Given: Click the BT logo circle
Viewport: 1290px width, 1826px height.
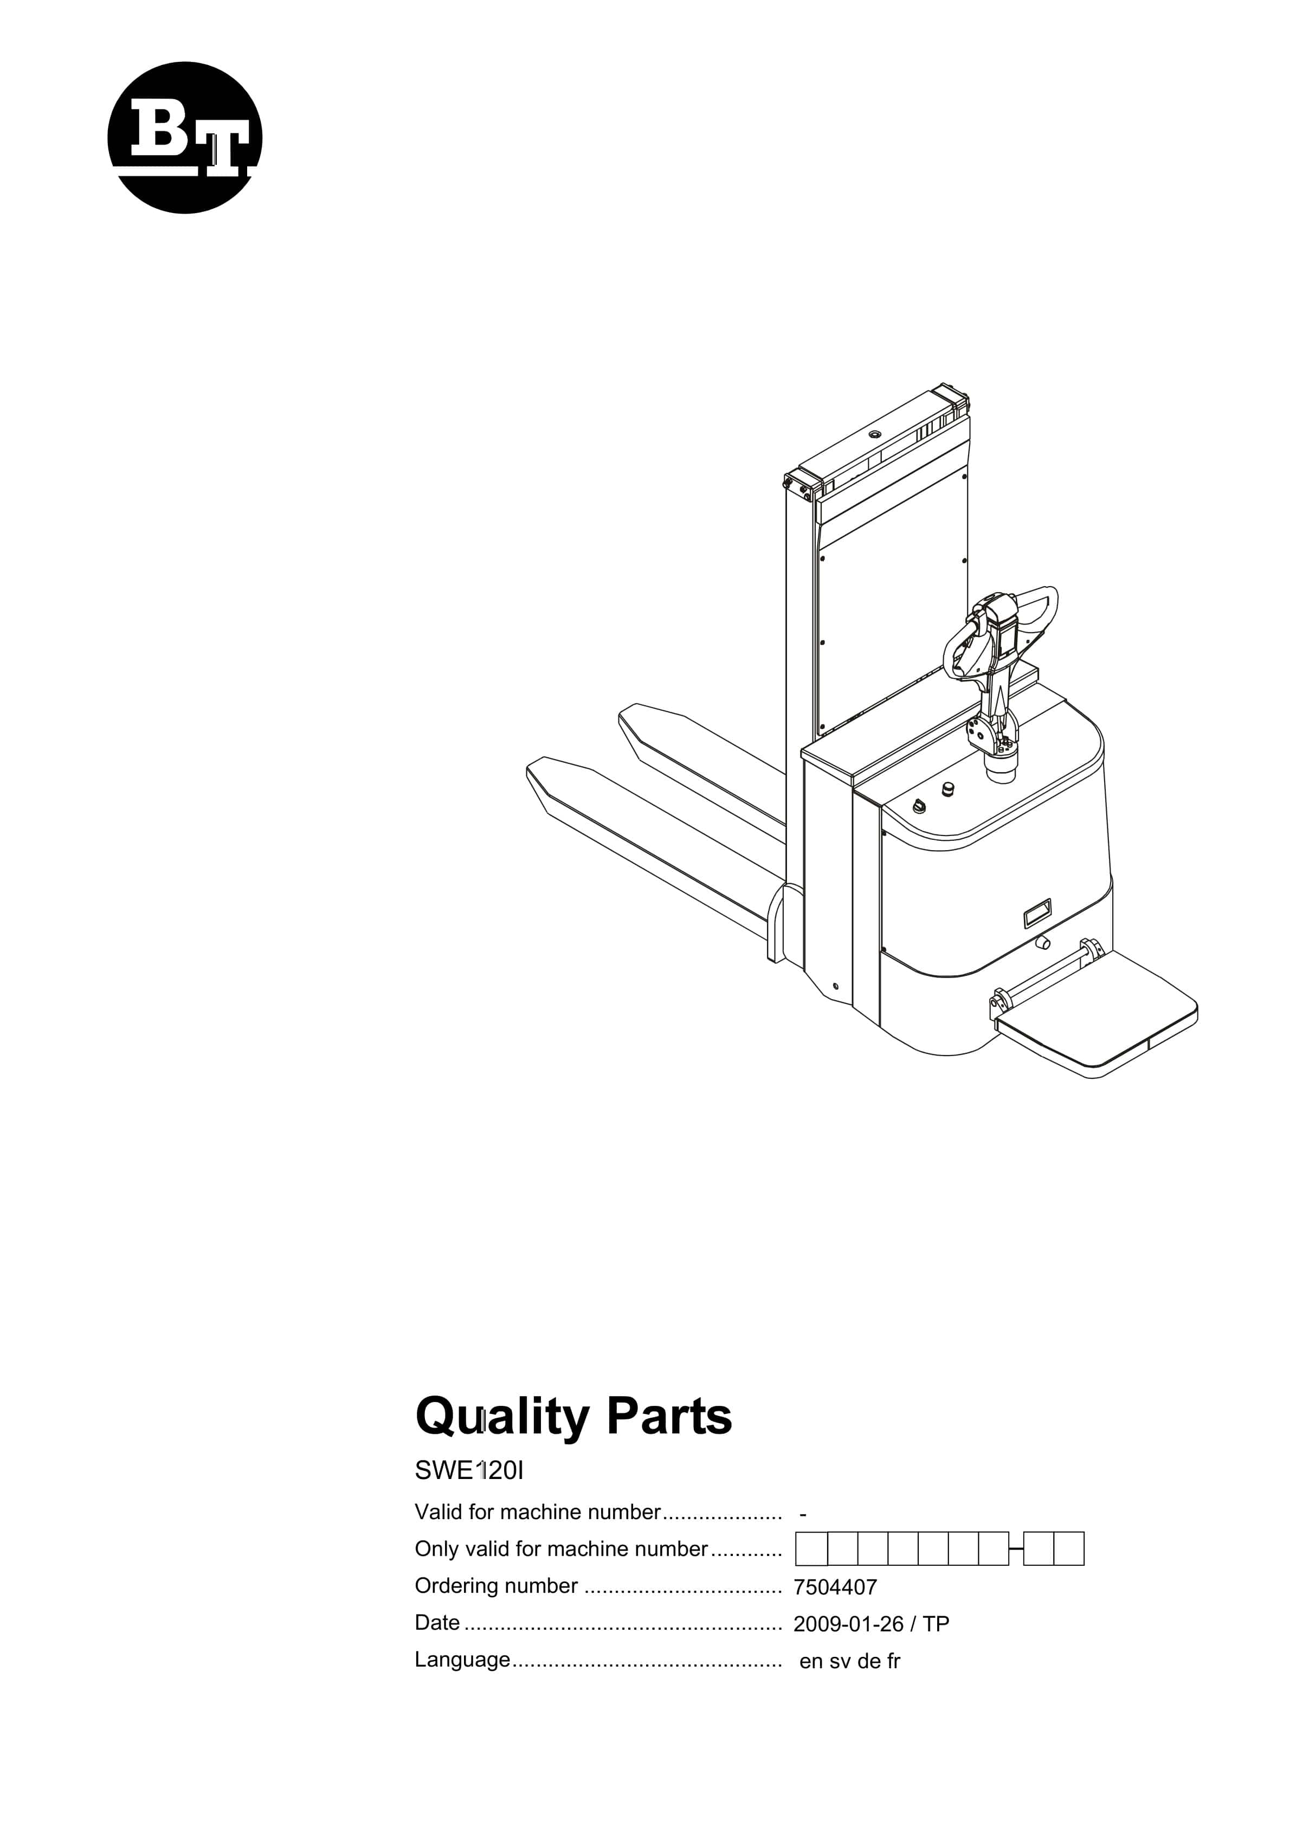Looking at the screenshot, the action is tap(184, 138).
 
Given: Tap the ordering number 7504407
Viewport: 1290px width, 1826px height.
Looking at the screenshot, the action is tap(835, 1587).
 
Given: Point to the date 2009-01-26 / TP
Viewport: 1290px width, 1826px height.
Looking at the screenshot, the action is tap(872, 1624).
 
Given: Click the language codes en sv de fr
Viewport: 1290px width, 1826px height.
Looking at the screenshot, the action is tap(849, 1661).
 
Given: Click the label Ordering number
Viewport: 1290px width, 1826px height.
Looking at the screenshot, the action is tap(496, 1586).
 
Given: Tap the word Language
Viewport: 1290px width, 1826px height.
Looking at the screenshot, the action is tap(462, 1661).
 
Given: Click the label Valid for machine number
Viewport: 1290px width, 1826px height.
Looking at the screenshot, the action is tap(538, 1512).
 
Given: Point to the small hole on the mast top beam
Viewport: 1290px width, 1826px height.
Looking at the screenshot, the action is tap(875, 434).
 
